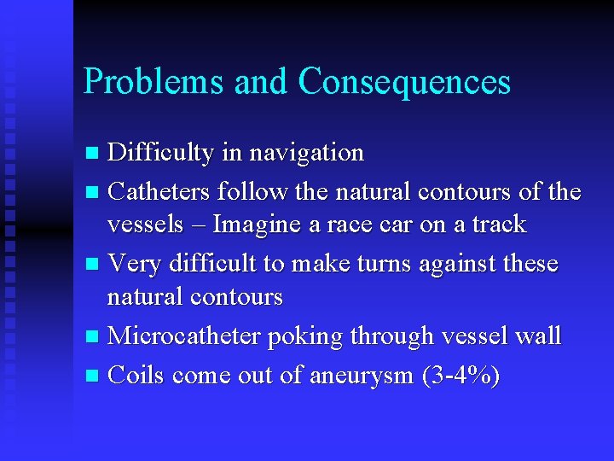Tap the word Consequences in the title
coord(404,82)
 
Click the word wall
coord(536,336)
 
